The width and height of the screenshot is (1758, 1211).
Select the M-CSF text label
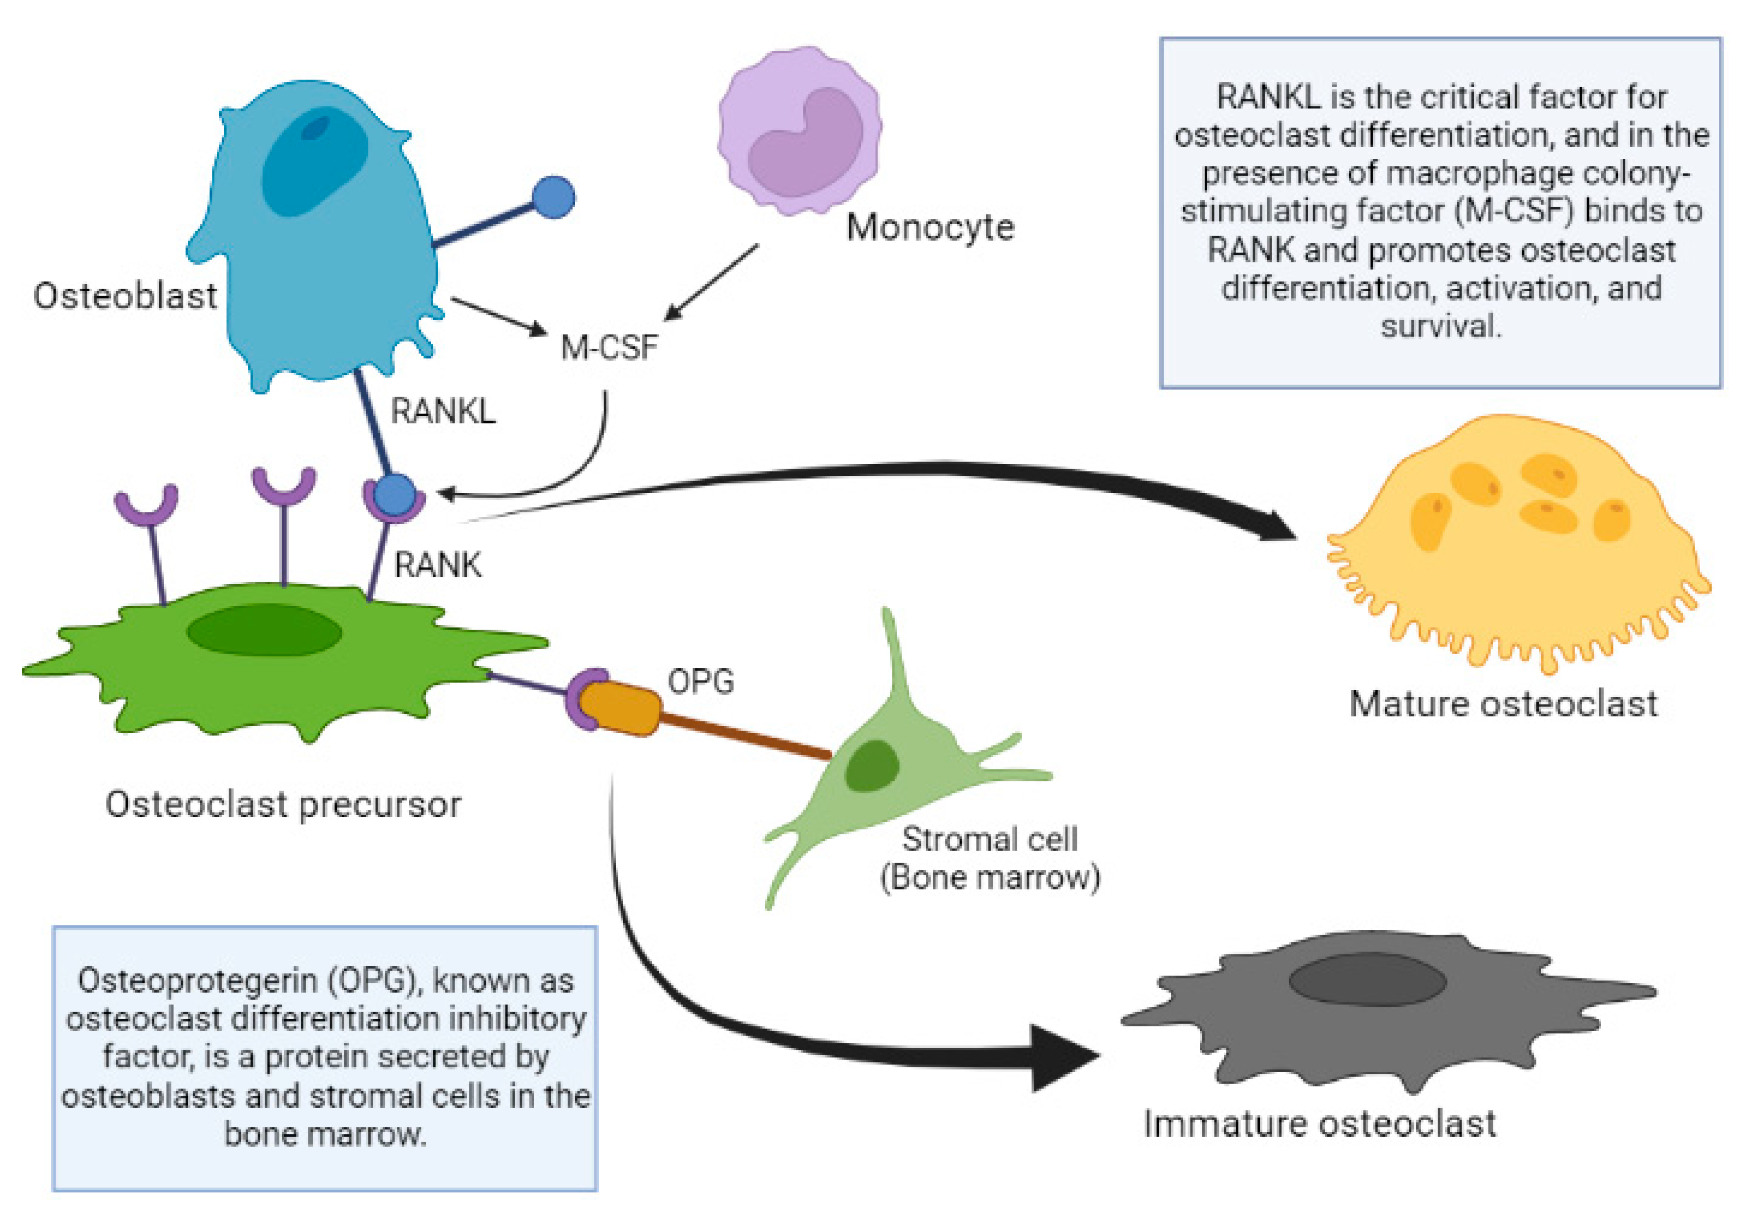click(608, 347)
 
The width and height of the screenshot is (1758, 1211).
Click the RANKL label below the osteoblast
click(443, 411)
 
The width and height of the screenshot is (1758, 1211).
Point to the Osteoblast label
click(125, 296)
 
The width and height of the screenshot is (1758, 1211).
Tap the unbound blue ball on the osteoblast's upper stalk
click(553, 197)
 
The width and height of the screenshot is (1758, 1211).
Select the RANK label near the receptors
click(438, 565)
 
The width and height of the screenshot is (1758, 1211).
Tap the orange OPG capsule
click(620, 707)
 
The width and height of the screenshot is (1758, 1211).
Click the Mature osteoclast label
click(1503, 704)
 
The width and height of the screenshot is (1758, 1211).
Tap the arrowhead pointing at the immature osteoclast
click(1066, 1058)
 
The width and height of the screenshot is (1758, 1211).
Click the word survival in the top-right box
click(1440, 326)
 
